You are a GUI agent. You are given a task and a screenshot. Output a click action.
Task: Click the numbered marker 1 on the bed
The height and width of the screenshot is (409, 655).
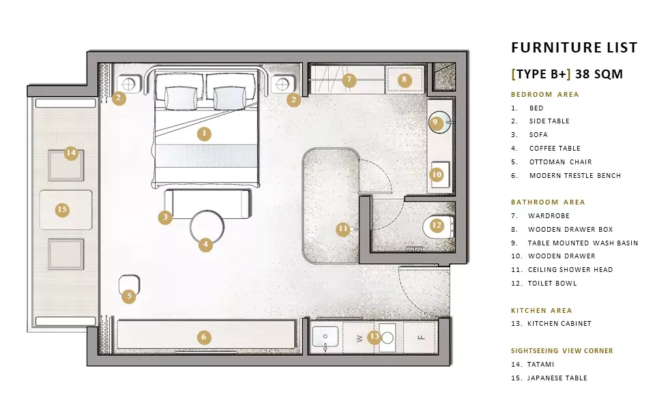pos(204,134)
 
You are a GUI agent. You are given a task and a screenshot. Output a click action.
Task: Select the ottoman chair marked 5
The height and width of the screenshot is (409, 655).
pos(129,286)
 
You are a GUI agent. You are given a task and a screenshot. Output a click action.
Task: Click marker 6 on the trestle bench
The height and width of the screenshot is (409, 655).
pos(204,337)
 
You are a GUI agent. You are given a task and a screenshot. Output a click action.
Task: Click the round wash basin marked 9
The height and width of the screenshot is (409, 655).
pos(440,121)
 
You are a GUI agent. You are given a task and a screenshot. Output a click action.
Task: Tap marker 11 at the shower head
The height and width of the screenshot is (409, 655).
pos(343,229)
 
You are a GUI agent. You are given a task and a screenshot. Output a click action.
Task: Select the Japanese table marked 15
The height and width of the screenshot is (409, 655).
pos(66,210)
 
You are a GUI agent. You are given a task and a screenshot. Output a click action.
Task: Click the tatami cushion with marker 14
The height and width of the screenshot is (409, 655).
pos(66,165)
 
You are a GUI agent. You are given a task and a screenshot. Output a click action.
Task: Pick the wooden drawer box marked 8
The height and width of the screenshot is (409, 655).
pos(405,79)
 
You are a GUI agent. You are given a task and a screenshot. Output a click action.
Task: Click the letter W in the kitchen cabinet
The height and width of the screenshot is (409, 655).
pos(360,339)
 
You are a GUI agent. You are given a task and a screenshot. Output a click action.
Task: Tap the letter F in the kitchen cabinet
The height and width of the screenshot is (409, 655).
pos(421,337)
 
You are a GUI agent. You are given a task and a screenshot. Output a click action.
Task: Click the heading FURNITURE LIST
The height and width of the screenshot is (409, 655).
pos(574,48)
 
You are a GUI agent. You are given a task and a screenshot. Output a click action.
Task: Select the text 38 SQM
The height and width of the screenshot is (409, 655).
pos(599,74)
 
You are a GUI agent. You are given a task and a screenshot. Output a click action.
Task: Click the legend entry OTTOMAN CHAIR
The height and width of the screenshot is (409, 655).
pos(561,162)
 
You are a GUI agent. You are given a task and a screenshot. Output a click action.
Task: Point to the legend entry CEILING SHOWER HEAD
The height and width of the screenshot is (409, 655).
pos(570,270)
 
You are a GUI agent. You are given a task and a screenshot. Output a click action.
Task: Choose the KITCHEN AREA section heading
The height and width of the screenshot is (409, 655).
pos(541,311)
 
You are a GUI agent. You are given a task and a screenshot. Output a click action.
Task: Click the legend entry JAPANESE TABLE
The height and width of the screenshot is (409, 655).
pos(557,378)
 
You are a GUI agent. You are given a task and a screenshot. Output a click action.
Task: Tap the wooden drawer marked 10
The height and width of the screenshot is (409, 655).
pos(440,175)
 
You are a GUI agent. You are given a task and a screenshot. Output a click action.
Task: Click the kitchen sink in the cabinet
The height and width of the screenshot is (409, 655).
pos(325,337)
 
